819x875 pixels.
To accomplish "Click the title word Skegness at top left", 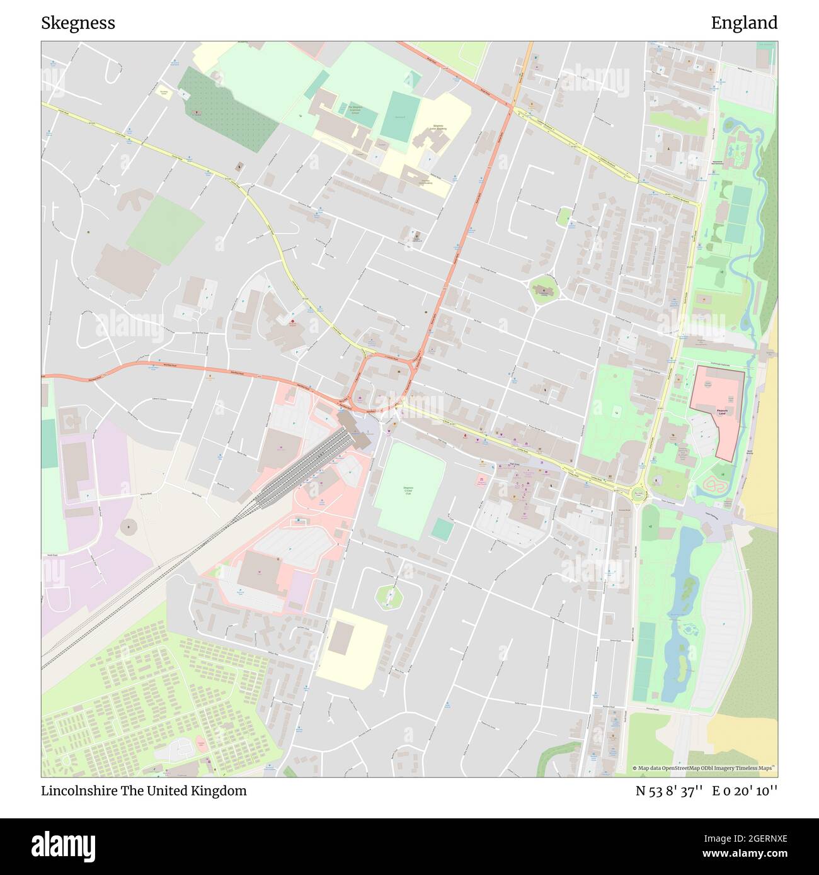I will (78, 23).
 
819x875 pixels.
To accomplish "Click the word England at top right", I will (744, 23).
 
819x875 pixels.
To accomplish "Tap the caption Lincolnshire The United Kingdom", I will (144, 791).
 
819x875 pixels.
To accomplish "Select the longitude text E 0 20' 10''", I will (745, 791).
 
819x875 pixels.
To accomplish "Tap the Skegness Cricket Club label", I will (408, 491).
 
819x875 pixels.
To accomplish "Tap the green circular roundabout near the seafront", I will (639, 495).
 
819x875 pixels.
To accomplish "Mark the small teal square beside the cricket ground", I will (442, 529).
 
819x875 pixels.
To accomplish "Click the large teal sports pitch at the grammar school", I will (398, 116).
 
